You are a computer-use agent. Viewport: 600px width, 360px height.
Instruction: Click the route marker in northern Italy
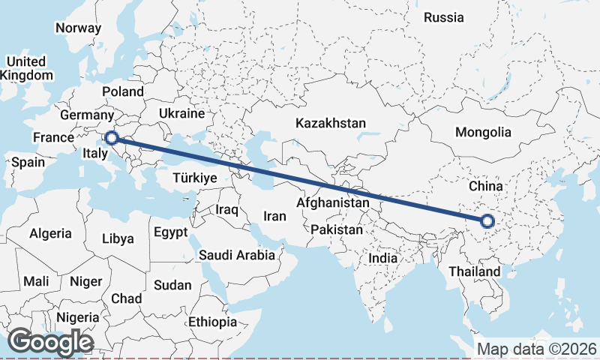[111, 137]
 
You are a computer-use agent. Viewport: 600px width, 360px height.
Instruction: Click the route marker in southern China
[487, 220]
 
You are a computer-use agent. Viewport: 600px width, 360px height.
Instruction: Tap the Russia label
[444, 17]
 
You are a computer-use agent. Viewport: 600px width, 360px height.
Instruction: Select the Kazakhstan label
[330, 123]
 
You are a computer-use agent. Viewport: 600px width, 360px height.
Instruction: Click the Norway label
[78, 28]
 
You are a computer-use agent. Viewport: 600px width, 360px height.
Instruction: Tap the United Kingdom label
[26, 68]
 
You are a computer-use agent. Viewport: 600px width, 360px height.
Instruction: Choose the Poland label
[123, 91]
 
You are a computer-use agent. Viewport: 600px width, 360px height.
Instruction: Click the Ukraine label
[181, 114]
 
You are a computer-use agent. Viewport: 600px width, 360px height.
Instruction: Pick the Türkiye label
[194, 178]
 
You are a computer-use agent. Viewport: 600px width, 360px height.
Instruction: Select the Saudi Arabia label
[237, 255]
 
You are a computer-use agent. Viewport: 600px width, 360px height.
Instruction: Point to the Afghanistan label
[333, 202]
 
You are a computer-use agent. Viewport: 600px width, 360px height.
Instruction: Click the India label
[382, 258]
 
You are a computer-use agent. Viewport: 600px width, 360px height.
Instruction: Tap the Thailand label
[474, 271]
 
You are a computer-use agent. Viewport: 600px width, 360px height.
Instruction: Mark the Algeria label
[51, 234]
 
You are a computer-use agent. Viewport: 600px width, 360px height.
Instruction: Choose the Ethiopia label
[213, 322]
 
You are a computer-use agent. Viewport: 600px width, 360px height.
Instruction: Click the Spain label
[28, 162]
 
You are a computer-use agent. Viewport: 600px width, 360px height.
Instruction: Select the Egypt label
[170, 232]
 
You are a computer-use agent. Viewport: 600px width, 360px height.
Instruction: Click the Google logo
[50, 342]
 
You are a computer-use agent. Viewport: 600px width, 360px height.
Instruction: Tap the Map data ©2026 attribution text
[536, 349]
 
